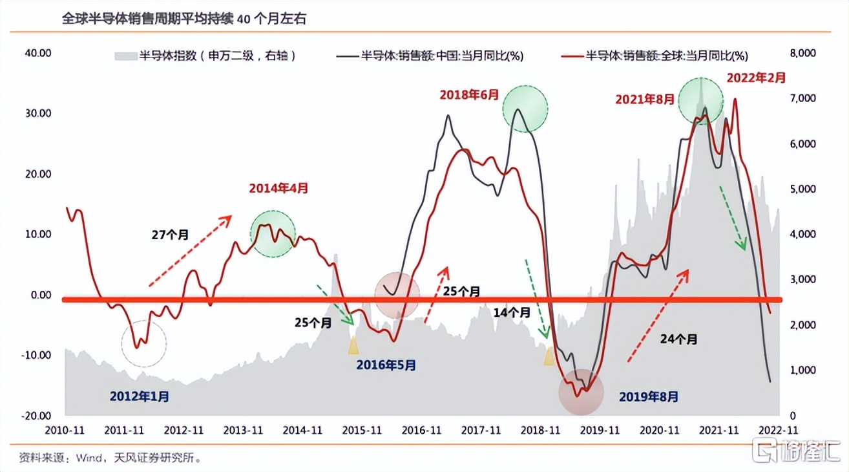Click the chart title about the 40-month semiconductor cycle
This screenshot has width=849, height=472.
pyautogui.click(x=183, y=19)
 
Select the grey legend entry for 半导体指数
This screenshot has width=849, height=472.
pyautogui.click(x=205, y=56)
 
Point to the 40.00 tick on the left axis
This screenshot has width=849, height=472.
pyautogui.click(x=37, y=53)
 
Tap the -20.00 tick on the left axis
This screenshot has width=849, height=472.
pyautogui.click(x=36, y=416)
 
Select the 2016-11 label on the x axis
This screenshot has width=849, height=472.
pyautogui.click(x=423, y=430)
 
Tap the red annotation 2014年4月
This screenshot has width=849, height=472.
pyautogui.click(x=278, y=189)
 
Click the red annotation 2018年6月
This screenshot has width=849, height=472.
pyautogui.click(x=470, y=94)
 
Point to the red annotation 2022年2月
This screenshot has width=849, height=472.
pyautogui.click(x=757, y=78)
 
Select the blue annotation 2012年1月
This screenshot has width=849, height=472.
pyautogui.click(x=140, y=396)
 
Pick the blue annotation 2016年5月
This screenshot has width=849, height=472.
pyautogui.click(x=386, y=365)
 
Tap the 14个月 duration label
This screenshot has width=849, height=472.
pyautogui.click(x=512, y=312)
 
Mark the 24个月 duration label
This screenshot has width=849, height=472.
pyautogui.click(x=679, y=338)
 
